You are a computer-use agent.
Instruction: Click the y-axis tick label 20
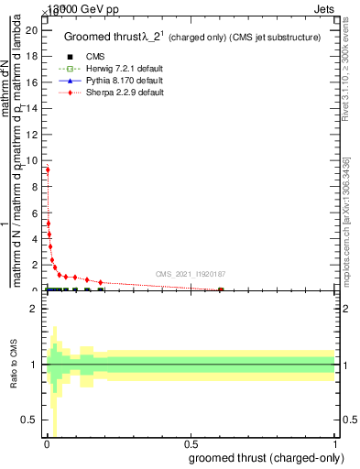(32, 29)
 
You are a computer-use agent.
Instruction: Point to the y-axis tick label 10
(32, 160)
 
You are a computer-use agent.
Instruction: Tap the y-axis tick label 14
(32, 108)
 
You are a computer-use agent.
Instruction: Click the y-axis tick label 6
(35, 213)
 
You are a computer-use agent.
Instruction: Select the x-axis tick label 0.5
(190, 446)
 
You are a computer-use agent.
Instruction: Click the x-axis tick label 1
(334, 446)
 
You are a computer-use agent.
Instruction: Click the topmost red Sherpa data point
(47, 169)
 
